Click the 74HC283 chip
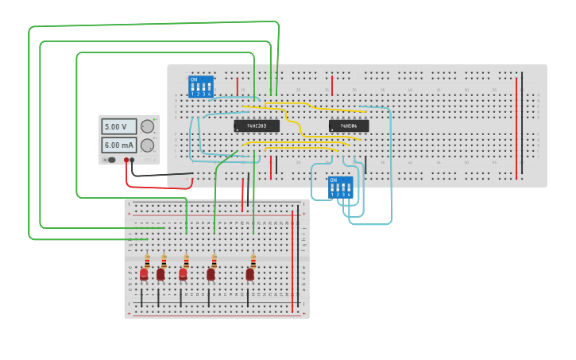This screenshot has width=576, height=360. click(257, 126)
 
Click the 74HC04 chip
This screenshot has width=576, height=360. click(349, 126)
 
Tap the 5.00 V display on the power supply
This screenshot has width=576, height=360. click(118, 126)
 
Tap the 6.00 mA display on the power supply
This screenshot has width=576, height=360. click(118, 145)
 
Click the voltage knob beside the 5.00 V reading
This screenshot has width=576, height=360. click(148, 126)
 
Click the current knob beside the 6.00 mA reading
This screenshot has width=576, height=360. click(148, 145)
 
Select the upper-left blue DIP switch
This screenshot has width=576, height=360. click(200, 86)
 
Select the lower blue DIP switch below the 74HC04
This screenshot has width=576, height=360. click(340, 187)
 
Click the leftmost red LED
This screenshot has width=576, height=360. click(144, 274)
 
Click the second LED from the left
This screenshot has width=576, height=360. click(160, 274)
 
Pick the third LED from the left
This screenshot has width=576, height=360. click(183, 274)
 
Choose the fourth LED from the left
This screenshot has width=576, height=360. click(211, 274)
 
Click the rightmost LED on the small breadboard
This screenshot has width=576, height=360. click(249, 274)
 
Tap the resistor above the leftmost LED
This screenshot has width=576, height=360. click(147, 260)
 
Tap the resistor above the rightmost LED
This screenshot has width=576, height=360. click(253, 260)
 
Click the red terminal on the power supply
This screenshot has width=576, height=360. click(126, 161)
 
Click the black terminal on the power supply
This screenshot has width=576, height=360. click(133, 161)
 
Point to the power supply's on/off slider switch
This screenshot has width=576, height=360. click(110, 160)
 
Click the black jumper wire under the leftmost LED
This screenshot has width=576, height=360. click(141, 298)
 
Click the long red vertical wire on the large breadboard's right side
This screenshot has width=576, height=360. click(516, 127)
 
